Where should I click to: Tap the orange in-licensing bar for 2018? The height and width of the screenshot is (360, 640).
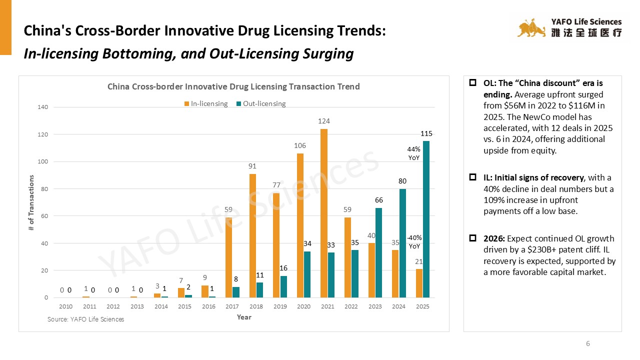[x=252, y=235]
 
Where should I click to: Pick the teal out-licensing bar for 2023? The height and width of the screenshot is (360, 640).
[x=378, y=252]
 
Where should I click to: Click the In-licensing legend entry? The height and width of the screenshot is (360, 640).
[x=206, y=104]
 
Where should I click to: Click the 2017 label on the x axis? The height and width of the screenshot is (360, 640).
[x=232, y=306]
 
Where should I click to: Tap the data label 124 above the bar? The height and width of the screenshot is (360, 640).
[x=324, y=121]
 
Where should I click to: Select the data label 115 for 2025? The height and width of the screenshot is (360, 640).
[x=426, y=134]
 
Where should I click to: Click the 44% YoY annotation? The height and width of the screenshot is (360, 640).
[x=413, y=153]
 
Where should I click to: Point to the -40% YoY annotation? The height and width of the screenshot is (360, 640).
[x=414, y=242]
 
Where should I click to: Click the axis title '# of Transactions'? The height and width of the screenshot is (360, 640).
[x=31, y=202]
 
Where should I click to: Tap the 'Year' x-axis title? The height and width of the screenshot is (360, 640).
[x=244, y=317]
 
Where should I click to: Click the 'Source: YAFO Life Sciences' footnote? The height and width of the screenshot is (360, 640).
[x=85, y=319]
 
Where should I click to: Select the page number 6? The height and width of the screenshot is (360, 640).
[x=588, y=343]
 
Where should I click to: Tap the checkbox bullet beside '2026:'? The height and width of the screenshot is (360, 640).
[x=472, y=238]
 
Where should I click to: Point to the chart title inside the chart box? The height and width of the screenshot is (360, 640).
[x=233, y=86]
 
